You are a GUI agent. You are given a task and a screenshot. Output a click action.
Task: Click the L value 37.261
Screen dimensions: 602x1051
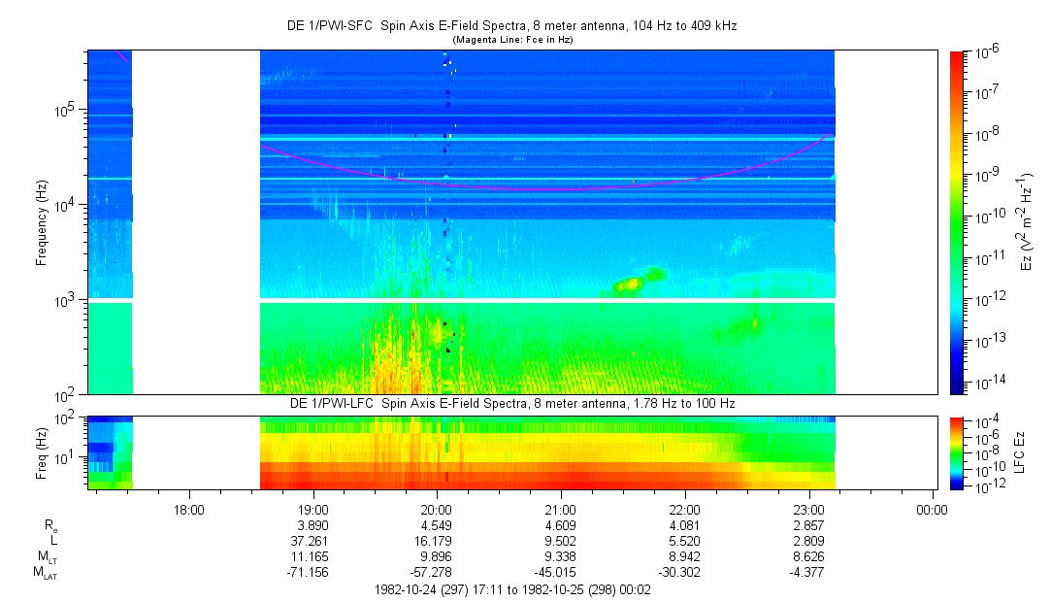[312, 540]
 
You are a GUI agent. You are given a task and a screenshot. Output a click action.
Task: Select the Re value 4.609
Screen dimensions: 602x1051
[561, 524]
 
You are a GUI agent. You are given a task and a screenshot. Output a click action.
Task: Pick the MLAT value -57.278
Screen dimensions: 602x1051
[437, 572]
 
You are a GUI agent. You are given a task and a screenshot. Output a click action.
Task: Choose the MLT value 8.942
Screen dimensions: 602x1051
[685, 556]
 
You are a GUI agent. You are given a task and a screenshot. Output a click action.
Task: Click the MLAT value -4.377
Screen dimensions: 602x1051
[809, 572]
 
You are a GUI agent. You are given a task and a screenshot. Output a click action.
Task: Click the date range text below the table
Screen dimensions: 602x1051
[510, 589]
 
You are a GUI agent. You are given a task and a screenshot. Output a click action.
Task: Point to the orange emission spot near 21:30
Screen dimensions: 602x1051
[632, 284]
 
